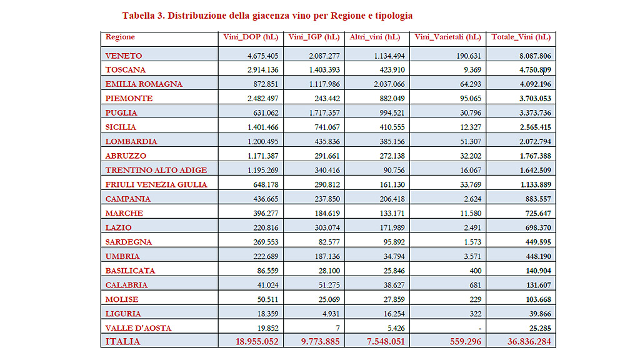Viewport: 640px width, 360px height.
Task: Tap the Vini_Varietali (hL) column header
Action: click(x=447, y=37)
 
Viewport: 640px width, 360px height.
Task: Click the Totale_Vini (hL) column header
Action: click(x=521, y=37)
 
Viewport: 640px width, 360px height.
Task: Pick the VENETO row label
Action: click(x=124, y=56)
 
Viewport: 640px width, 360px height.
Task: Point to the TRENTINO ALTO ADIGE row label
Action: click(x=156, y=170)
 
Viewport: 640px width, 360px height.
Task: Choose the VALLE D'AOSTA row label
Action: click(x=138, y=328)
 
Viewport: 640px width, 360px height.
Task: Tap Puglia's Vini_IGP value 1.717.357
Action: click(x=324, y=113)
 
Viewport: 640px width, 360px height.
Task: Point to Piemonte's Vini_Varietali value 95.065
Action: click(x=468, y=99)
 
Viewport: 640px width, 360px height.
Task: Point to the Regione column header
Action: click(x=120, y=37)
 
